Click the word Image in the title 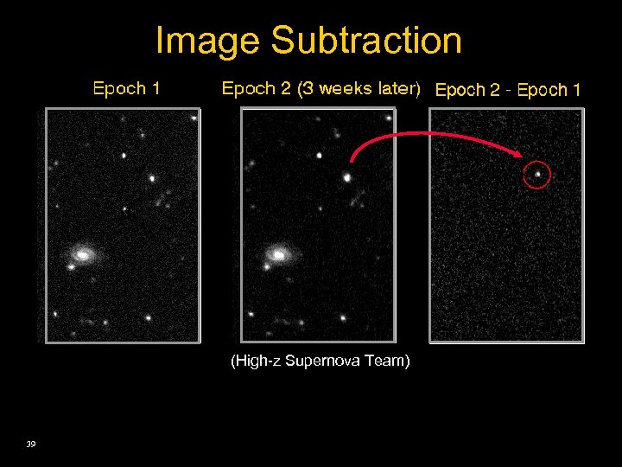pyautogui.click(x=208, y=41)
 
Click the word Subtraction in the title pyautogui.click(x=366, y=41)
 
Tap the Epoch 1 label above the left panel pyautogui.click(x=126, y=88)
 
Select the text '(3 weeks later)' pyautogui.click(x=358, y=88)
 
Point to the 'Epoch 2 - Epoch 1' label pyautogui.click(x=508, y=89)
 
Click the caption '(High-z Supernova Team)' pyautogui.click(x=320, y=361)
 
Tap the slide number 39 pyautogui.click(x=31, y=444)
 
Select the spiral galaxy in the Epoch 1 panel pyautogui.click(x=84, y=254)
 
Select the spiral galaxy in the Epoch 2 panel pyautogui.click(x=278, y=254)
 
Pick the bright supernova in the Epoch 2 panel pyautogui.click(x=346, y=177)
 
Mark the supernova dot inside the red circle pyautogui.click(x=537, y=175)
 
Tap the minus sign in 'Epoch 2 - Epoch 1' pyautogui.click(x=508, y=90)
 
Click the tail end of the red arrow pyautogui.click(x=352, y=161)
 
